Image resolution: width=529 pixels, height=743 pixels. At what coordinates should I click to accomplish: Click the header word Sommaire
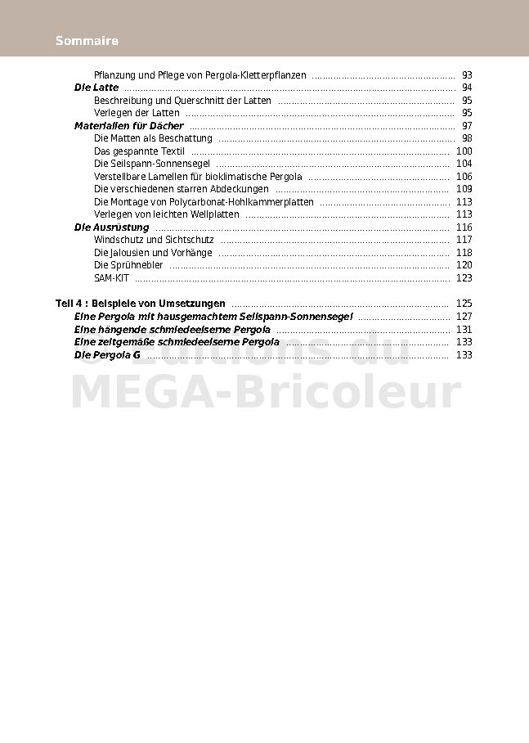point(87,41)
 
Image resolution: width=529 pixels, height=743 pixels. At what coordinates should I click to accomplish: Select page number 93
point(467,75)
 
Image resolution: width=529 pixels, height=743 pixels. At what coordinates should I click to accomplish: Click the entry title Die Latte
point(96,88)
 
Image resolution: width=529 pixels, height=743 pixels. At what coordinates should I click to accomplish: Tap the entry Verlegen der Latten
point(137,113)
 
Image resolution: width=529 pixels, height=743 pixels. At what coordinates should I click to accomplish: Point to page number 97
point(467,126)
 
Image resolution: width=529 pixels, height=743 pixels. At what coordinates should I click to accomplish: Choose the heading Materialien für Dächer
point(129,126)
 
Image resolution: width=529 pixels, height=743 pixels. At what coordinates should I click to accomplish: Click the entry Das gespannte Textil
point(140,151)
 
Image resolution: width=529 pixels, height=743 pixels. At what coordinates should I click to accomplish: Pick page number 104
point(464,164)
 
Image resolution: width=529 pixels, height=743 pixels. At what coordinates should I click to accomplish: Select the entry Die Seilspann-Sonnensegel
point(152,164)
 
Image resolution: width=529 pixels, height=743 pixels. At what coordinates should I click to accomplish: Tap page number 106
point(464,177)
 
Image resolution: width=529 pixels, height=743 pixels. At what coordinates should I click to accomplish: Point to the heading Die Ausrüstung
point(112,227)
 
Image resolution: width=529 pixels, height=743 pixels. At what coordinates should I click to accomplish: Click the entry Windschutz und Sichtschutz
point(154,240)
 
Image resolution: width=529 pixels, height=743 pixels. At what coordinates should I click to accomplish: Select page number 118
point(464,253)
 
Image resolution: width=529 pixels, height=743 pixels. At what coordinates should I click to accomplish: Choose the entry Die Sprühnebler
point(128,265)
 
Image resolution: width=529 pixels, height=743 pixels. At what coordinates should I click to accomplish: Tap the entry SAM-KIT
point(111,278)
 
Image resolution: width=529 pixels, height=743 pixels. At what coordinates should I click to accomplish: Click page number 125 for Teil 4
point(464,304)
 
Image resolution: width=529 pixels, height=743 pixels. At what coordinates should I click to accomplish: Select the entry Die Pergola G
point(107,355)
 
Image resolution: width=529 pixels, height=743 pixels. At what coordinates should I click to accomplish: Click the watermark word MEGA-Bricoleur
point(266,393)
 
